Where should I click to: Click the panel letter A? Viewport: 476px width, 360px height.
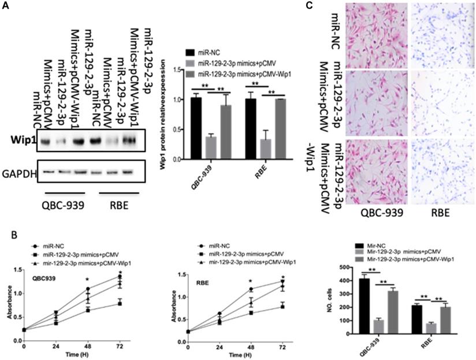pos(8,6)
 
